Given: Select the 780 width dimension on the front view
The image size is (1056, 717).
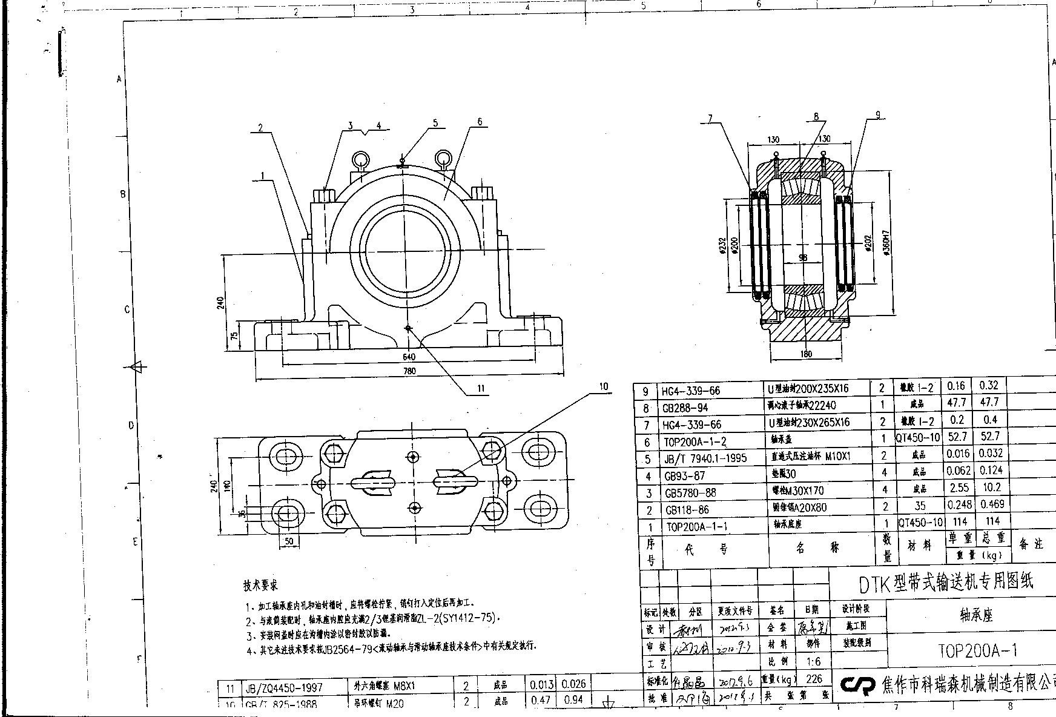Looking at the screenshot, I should (x=409, y=371).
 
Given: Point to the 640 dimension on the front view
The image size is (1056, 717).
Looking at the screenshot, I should (x=409, y=357).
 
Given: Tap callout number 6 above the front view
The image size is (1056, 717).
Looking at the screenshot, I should (x=480, y=122).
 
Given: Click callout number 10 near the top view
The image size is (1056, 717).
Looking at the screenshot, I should (x=603, y=386).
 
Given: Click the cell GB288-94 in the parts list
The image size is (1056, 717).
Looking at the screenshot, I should (x=685, y=408).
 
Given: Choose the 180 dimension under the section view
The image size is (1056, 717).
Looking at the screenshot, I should (x=806, y=354).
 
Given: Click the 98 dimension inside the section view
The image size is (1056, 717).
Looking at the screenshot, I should (x=803, y=257).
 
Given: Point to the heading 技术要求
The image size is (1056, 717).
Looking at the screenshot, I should (x=261, y=586).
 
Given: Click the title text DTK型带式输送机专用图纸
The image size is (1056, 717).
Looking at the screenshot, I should (x=946, y=583).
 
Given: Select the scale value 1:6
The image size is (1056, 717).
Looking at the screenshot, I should (x=814, y=662).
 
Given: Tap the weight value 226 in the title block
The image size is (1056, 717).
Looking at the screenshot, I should (x=814, y=679).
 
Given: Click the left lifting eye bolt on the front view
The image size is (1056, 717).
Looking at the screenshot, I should (x=361, y=160).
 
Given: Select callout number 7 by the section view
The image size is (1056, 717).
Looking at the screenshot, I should (x=710, y=119).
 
